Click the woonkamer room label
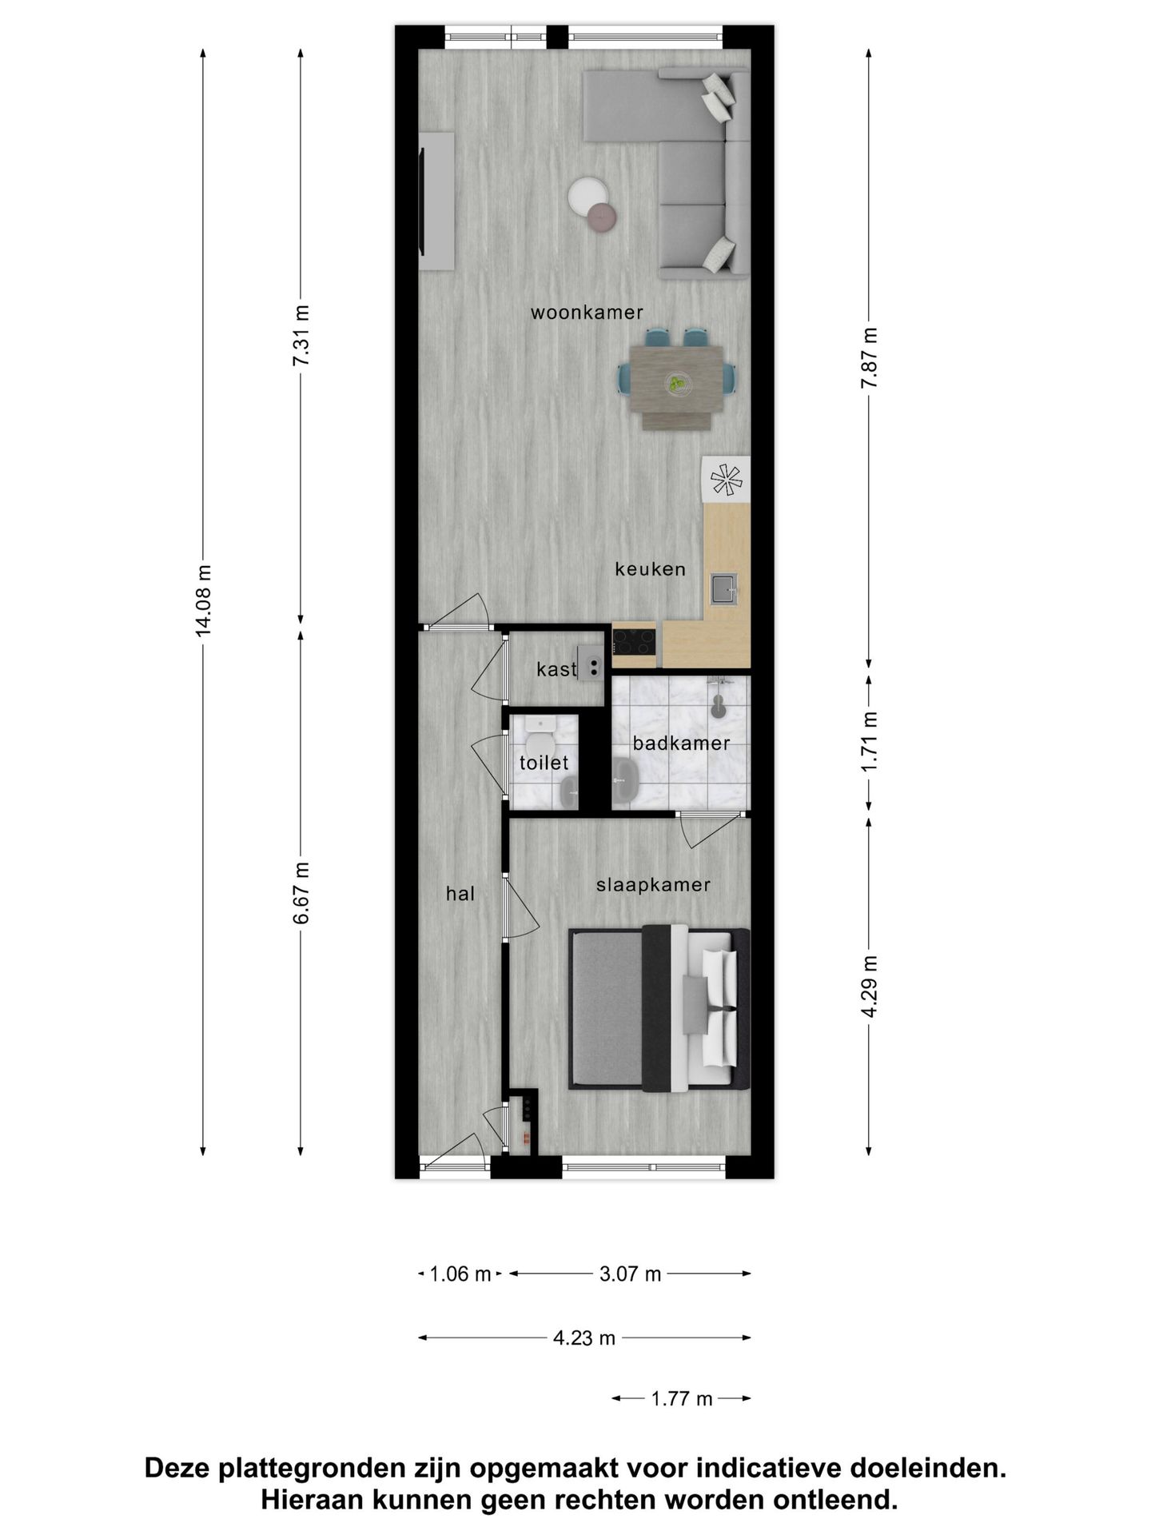tap(587, 313)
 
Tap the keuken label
tap(650, 569)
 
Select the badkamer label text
tap(681, 744)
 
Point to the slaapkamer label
tap(653, 885)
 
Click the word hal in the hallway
tap(460, 894)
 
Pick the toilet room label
tap(544, 763)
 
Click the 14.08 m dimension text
tap(204, 600)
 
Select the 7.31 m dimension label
tap(301, 336)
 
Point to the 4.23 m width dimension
tap(584, 1338)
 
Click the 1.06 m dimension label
tap(460, 1274)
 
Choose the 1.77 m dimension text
tap(681, 1398)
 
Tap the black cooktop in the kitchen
tap(634, 640)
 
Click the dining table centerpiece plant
tap(678, 385)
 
